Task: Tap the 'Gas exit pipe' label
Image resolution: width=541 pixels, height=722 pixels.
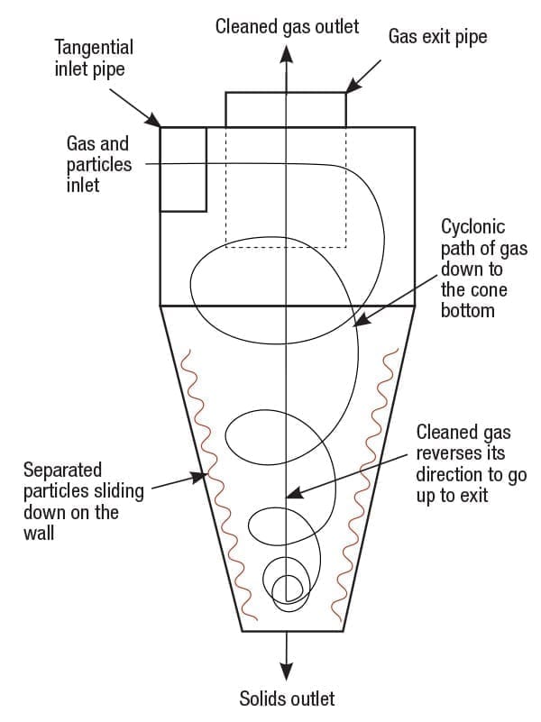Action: (436, 37)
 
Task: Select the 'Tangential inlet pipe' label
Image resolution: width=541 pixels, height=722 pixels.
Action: (93, 57)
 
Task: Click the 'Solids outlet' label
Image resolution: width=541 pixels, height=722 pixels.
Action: (287, 699)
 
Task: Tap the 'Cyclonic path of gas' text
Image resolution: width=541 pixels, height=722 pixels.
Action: (472, 268)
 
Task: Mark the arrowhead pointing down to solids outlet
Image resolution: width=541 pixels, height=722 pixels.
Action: (287, 671)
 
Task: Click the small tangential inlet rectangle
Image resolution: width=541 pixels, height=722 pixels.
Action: (183, 169)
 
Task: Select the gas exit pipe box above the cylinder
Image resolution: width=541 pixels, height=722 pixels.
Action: (285, 109)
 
